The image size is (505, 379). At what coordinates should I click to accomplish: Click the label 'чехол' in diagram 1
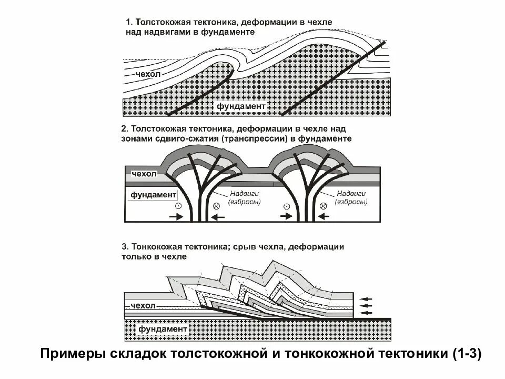pos(148,75)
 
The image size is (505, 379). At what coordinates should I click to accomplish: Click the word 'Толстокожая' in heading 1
pos(159,22)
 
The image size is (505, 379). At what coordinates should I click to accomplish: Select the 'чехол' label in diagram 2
pos(144,174)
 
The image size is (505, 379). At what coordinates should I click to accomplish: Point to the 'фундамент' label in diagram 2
pos(153,195)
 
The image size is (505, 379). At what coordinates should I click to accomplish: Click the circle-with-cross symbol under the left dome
pos(215,206)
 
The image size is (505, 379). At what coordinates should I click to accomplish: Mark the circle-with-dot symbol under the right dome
pos(287,206)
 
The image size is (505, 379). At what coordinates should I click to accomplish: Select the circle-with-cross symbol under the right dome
pos(324,206)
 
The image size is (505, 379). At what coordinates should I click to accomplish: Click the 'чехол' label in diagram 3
pos(143,306)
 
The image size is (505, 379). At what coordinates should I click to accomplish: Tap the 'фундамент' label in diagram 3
pos(163,329)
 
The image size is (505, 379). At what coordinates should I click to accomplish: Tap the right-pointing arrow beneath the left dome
pos(177,216)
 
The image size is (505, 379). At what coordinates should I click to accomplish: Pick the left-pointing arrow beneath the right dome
pos(324,216)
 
